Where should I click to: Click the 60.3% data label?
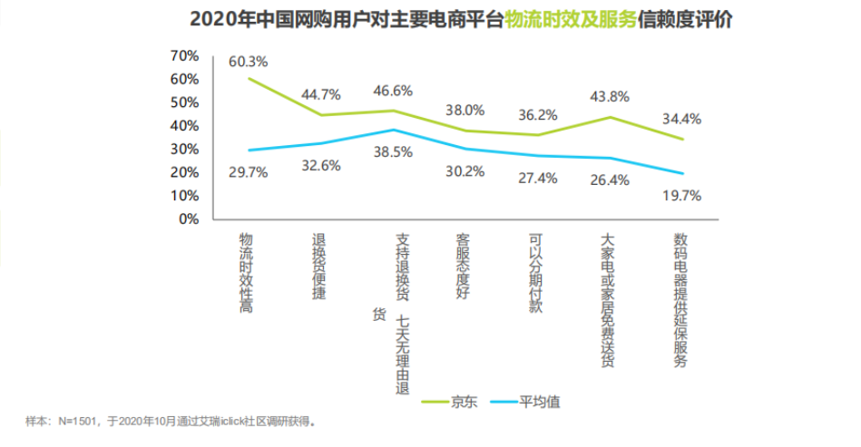click(x=248, y=63)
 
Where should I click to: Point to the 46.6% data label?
click(x=393, y=92)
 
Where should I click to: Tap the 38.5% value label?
click(x=393, y=153)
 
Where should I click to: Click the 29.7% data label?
click(x=248, y=172)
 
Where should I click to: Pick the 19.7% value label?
click(x=681, y=195)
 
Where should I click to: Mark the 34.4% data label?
click(x=681, y=119)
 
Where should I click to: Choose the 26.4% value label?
click(x=610, y=180)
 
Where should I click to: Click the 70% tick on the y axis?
click(x=184, y=56)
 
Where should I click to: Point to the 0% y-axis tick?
click(x=188, y=219)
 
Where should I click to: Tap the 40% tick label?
click(x=184, y=126)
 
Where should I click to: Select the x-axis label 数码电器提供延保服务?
click(x=680, y=300)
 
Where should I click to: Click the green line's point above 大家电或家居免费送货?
click(x=610, y=117)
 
